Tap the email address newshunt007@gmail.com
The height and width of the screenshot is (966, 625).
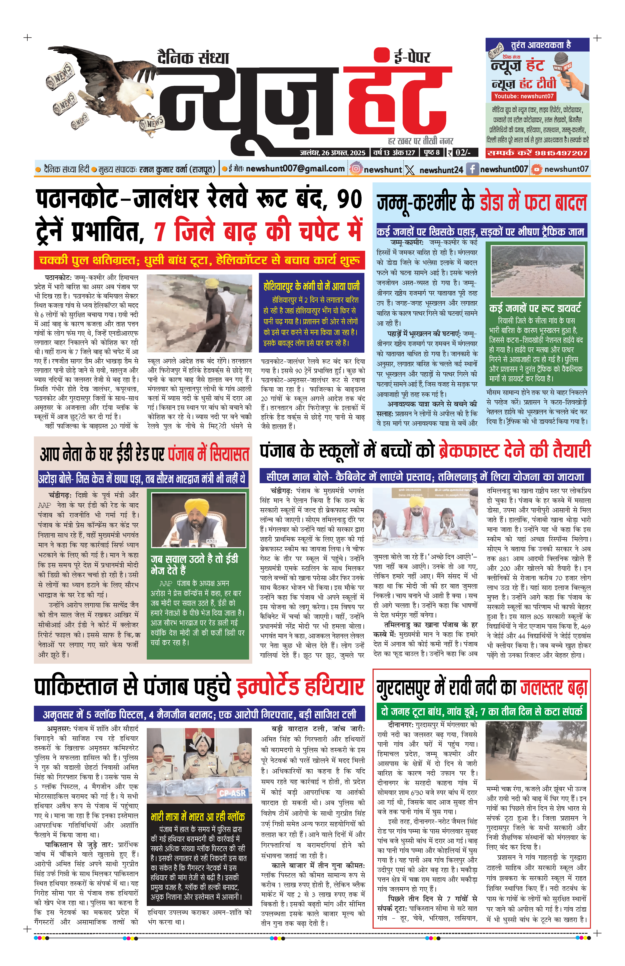295,169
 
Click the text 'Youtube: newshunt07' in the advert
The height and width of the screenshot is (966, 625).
523,96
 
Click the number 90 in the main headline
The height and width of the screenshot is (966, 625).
349,199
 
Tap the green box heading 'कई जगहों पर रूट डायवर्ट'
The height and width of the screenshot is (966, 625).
535,308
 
